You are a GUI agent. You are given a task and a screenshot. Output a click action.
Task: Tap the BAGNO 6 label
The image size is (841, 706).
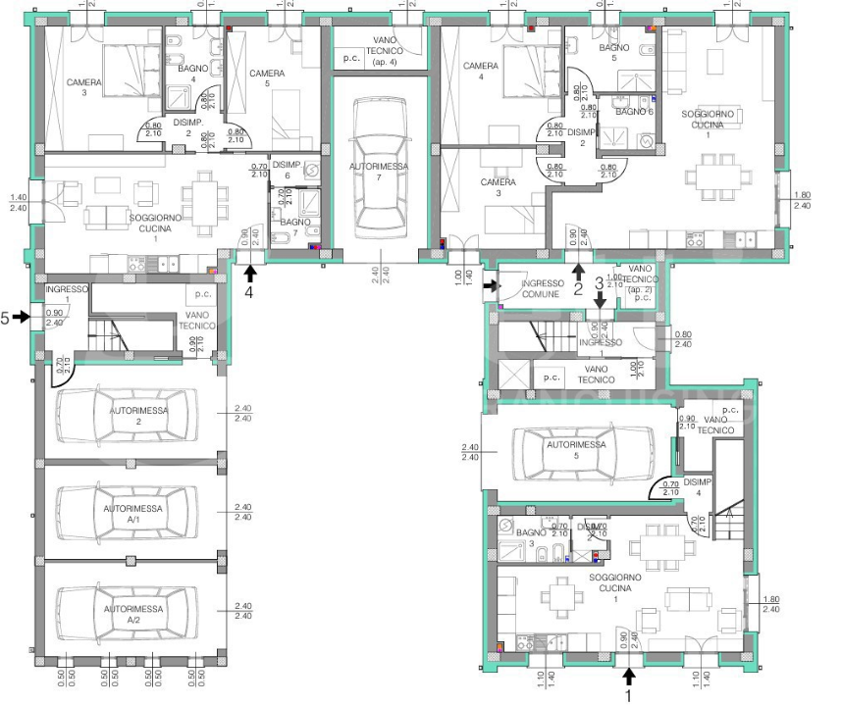click(634, 112)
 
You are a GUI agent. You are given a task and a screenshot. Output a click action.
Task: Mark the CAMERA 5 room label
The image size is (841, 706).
click(267, 79)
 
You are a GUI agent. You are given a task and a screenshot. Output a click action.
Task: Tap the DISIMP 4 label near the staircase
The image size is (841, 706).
click(698, 487)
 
